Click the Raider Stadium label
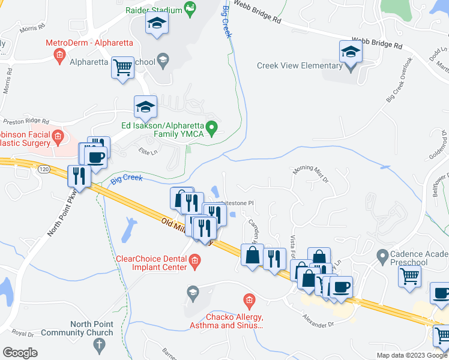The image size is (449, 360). [x=154, y=10]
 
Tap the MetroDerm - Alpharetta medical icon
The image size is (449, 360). [x=59, y=56]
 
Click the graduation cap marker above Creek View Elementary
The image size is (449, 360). [x=351, y=52]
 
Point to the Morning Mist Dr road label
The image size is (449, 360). [x=311, y=174]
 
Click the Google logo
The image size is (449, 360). [x=20, y=353]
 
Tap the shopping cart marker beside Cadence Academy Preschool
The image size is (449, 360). [x=410, y=277]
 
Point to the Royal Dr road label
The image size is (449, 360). [x=22, y=332]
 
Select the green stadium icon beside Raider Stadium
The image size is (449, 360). [x=191, y=8]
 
